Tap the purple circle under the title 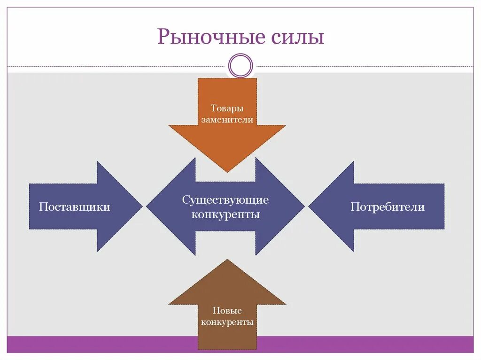[240, 65]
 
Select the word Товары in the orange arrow [227, 108]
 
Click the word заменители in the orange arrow [227, 120]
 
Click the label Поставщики [75, 207]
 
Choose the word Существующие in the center [225, 200]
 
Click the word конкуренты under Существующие [225, 214]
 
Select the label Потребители [387, 207]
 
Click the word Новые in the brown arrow [227, 311]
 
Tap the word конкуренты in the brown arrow [227, 322]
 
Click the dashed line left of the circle [117, 66]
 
